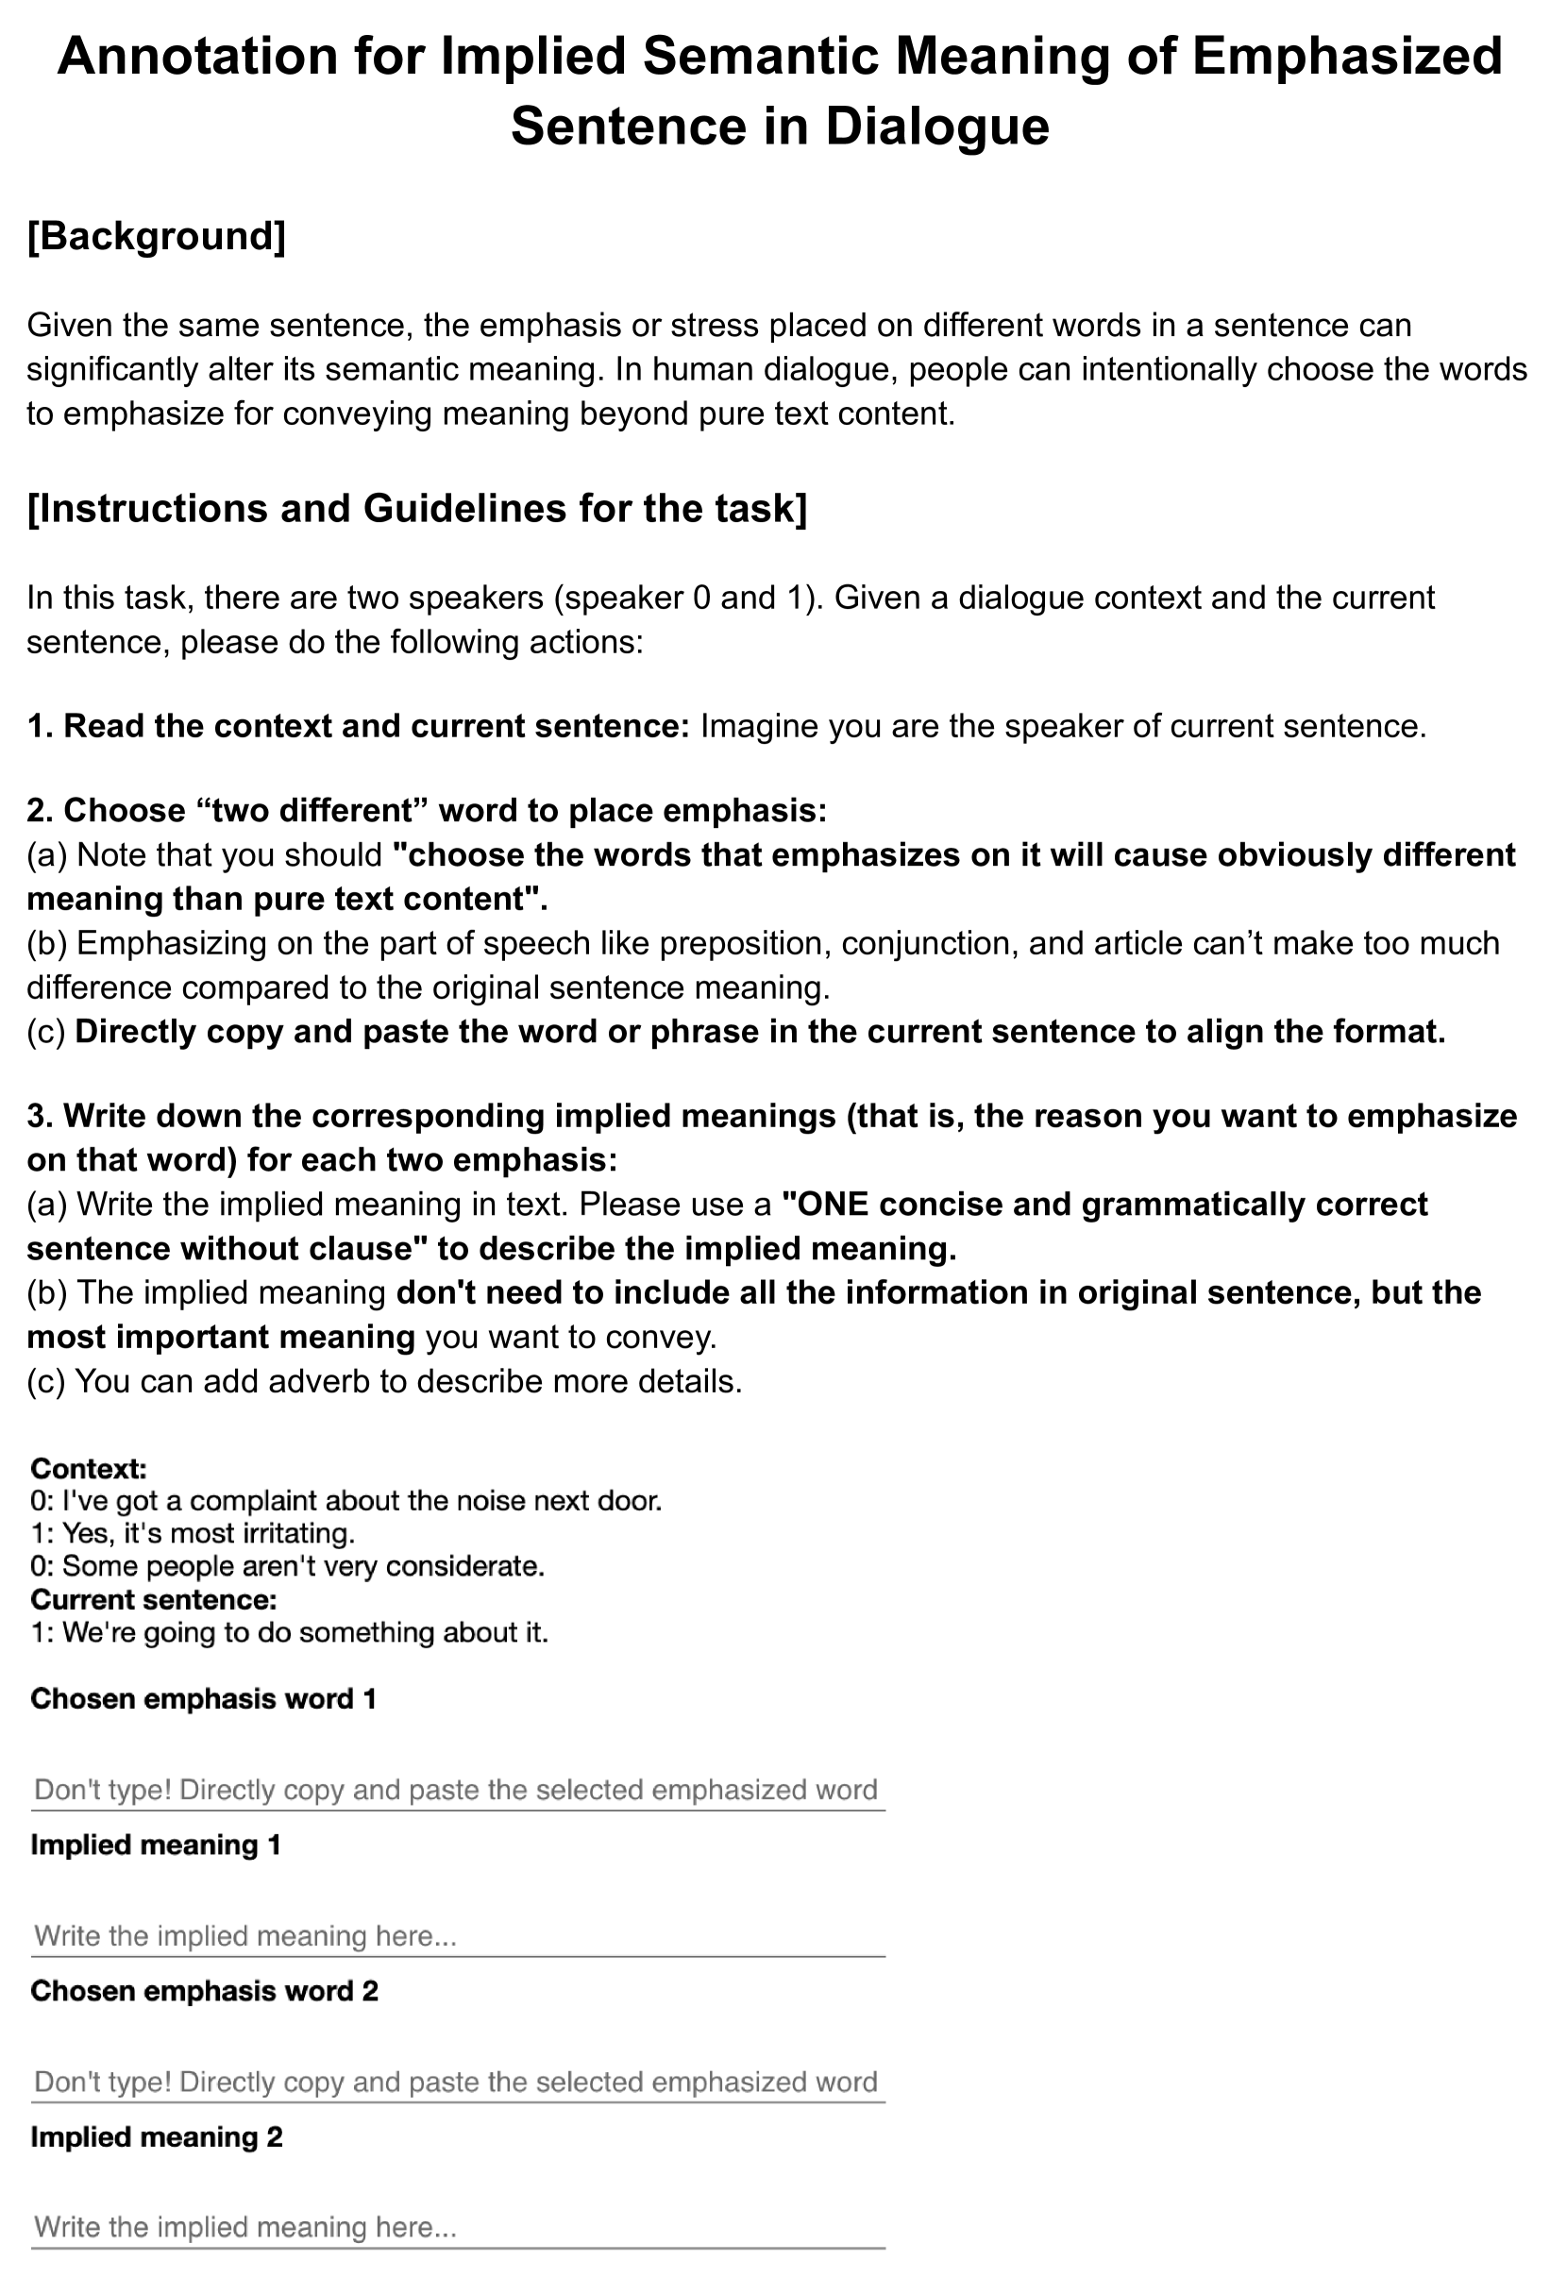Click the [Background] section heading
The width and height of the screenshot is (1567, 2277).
(156, 237)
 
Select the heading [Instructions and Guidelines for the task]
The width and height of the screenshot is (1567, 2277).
(416, 509)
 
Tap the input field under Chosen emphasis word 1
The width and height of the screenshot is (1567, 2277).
(458, 1790)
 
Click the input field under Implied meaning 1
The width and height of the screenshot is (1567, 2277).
(458, 1936)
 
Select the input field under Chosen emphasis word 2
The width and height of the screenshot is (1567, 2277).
(458, 2083)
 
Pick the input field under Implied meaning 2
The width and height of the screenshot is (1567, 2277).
(458, 2227)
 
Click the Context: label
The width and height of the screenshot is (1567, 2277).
(89, 1469)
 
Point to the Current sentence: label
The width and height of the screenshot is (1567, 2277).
(153, 1599)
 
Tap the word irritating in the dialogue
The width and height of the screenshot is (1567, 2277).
(295, 1534)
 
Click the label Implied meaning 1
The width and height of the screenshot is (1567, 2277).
(156, 1845)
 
